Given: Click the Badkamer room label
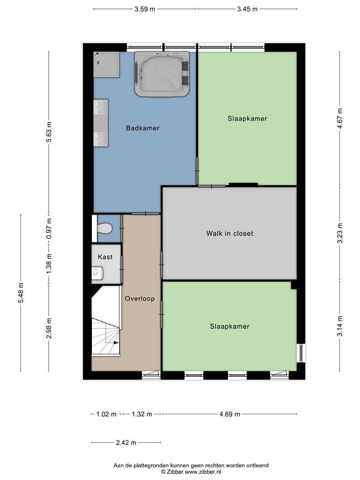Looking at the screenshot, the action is [143, 128].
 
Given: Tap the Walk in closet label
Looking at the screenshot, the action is [230, 233].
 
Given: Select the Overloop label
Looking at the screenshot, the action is [140, 299].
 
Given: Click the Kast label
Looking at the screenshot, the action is [105, 257].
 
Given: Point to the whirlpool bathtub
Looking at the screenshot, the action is [162, 74].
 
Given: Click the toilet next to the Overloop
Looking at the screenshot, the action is [105, 228].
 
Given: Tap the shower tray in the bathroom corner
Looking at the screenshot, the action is [106, 65].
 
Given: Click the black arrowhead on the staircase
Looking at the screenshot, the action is [116, 342].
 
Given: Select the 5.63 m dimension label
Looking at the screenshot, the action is [49, 132].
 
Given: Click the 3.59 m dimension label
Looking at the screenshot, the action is [145, 9].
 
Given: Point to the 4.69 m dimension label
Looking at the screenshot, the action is [230, 414].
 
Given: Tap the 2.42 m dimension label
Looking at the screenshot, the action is [126, 443].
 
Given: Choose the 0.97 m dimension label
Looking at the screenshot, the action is [49, 229].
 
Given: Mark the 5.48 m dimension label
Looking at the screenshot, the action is [21, 293].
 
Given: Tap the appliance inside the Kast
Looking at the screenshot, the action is [97, 273].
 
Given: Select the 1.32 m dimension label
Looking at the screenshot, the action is [142, 414].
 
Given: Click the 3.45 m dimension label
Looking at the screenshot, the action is [247, 9].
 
